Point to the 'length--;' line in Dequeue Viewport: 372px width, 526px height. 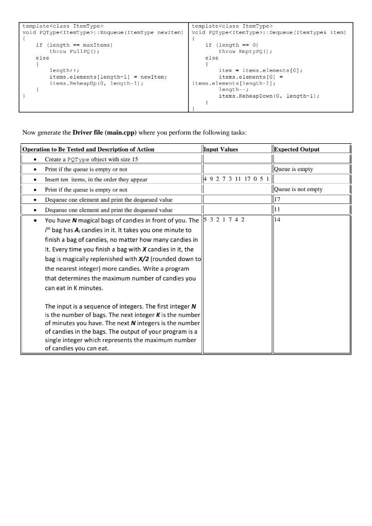tap(232, 88)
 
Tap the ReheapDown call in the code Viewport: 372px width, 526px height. tap(269, 95)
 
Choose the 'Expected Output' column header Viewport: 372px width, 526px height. tap(297, 149)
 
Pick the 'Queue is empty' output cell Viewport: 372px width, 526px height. tap(294, 169)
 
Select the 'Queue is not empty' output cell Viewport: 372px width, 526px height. tap(299, 189)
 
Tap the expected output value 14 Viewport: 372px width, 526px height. tap(278, 220)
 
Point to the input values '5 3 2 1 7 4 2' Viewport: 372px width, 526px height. tap(224, 220)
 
